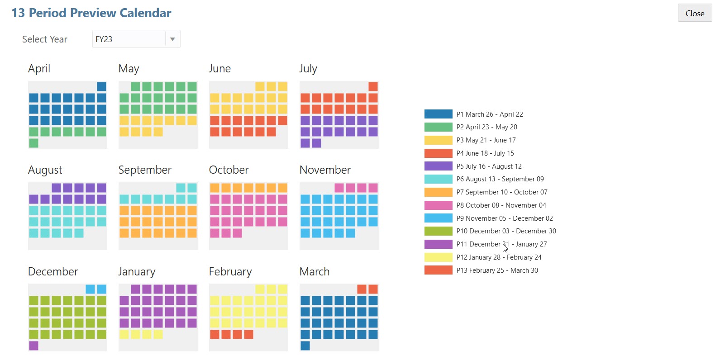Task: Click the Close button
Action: click(695, 13)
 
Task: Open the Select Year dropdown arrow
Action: click(172, 39)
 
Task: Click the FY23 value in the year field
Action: click(104, 39)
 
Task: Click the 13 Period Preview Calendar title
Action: click(91, 13)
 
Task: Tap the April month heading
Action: click(39, 69)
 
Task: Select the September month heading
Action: click(145, 170)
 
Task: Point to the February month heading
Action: click(230, 272)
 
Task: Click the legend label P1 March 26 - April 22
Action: click(490, 114)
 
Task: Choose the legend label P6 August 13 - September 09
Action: click(500, 179)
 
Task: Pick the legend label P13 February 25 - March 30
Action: click(497, 270)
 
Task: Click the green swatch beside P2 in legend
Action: click(438, 127)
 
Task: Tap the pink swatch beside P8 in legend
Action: click(438, 205)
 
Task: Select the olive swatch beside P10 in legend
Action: click(438, 231)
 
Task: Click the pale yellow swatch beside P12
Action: click(438, 257)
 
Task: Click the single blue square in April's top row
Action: click(101, 87)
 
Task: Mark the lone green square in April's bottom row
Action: click(33, 143)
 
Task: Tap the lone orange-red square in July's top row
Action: click(373, 87)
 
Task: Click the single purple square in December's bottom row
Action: click(33, 346)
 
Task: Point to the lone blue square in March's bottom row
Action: click(305, 346)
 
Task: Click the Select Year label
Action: click(45, 39)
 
